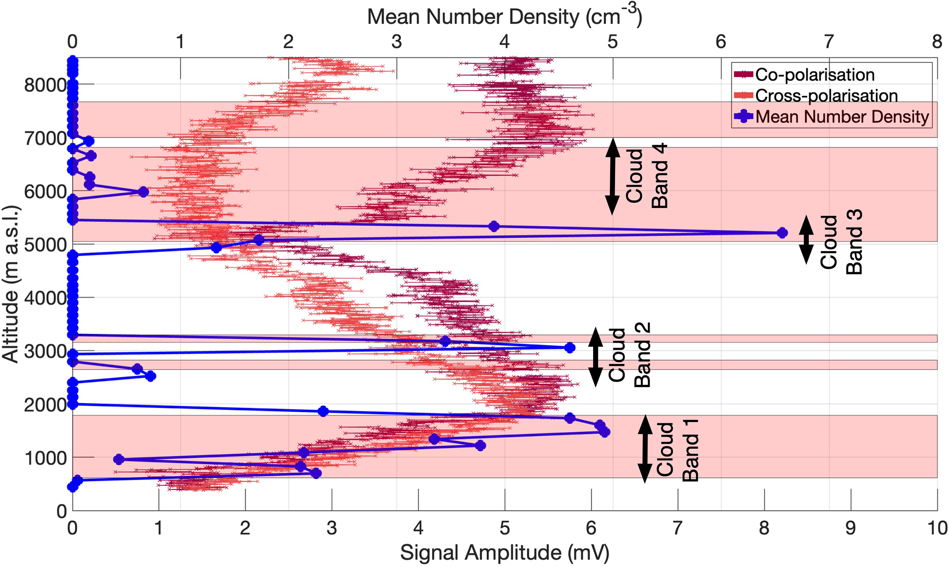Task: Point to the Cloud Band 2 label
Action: pyautogui.click(x=629, y=355)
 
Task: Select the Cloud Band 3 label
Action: pyautogui.click(x=841, y=242)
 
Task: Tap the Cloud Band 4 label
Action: pyautogui.click(x=647, y=176)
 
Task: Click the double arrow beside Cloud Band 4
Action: pyautogui.click(x=612, y=176)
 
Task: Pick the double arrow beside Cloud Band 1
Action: pyautogui.click(x=645, y=449)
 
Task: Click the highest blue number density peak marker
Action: pyautogui.click(x=782, y=233)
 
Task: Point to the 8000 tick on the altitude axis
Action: pyautogui.click(x=45, y=85)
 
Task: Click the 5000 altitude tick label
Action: pyautogui.click(x=45, y=245)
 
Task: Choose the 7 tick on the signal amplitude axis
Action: pyautogui.click(x=678, y=528)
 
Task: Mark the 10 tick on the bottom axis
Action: pyautogui.click(x=937, y=528)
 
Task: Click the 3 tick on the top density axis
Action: pyautogui.click(x=397, y=42)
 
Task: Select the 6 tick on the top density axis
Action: pyautogui.click(x=721, y=42)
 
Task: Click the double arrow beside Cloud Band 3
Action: pyautogui.click(x=806, y=240)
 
